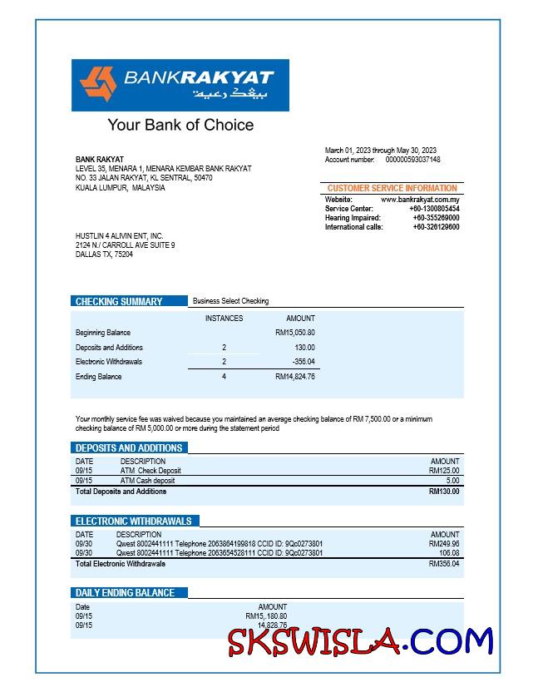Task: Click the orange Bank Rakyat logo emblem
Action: coord(98,85)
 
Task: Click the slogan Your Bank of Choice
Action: coord(180,126)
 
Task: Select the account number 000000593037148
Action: coord(413,160)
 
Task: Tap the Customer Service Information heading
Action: coord(392,189)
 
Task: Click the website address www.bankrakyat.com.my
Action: coord(420,200)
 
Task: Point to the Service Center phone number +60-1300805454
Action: coord(435,209)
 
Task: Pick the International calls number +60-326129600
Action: coord(436,227)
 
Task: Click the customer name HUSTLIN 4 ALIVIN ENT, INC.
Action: coord(119,236)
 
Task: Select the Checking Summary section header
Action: coord(119,302)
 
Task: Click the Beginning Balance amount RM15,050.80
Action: coord(295,333)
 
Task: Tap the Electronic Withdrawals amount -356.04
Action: coord(304,362)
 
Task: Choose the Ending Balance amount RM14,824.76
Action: coord(295,377)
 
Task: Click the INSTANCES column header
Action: coord(224,319)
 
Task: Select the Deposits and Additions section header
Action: coord(129,448)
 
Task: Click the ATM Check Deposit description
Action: coord(151,471)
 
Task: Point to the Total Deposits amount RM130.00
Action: coord(444,492)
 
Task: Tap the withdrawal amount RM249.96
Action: coord(444,544)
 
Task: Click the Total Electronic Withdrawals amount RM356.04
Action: coord(444,564)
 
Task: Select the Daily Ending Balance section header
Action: coord(125,593)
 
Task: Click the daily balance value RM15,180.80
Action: coord(266,616)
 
